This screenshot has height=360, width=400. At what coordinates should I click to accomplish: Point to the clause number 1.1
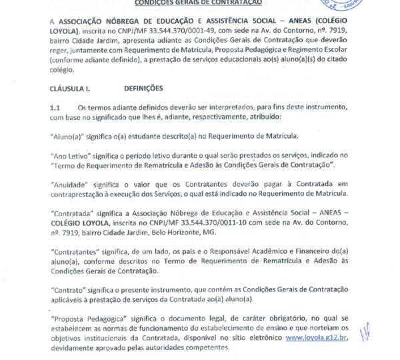(x=55, y=107)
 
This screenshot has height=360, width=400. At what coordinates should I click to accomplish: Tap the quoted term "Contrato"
(x=69, y=291)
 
